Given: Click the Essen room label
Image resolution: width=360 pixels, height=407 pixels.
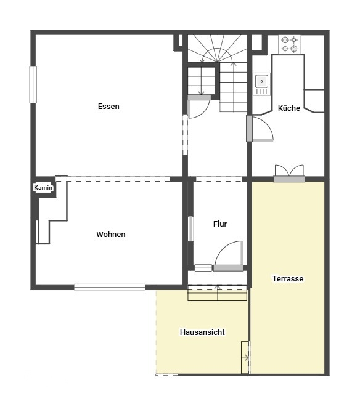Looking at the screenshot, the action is tap(108, 106).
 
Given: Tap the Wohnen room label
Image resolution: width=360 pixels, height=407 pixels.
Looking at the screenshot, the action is tap(111, 235).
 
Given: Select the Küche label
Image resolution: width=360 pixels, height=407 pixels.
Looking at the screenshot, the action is tap(288, 108).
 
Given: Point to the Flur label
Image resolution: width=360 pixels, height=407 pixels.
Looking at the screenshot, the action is tap(220, 224).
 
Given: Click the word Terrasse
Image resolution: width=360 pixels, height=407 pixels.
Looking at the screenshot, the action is tap(288, 278).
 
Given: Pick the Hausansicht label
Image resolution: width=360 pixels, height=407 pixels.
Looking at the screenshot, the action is tap(202, 332).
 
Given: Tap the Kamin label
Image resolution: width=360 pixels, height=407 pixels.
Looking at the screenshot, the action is tap(43, 187).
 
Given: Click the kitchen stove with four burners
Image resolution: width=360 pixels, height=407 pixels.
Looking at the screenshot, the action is tap(290, 44).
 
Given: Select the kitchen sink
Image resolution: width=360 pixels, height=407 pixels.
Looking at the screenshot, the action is tap(261, 84).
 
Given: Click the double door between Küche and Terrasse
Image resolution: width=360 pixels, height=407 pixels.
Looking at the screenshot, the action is tap(289, 173).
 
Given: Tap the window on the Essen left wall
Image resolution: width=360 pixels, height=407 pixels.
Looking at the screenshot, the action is tap(33, 85).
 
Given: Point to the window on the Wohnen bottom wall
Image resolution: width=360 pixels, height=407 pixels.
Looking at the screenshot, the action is tap(110, 288).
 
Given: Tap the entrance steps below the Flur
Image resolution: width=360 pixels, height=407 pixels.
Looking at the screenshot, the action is tap(218, 293).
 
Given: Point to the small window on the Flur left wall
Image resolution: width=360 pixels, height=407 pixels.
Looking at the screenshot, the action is tap(190, 228).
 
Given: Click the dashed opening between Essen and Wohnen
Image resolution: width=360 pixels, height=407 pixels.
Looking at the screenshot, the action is tap(113, 179).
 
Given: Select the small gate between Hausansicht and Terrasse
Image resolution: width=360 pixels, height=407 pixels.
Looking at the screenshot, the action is tap(245, 357).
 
